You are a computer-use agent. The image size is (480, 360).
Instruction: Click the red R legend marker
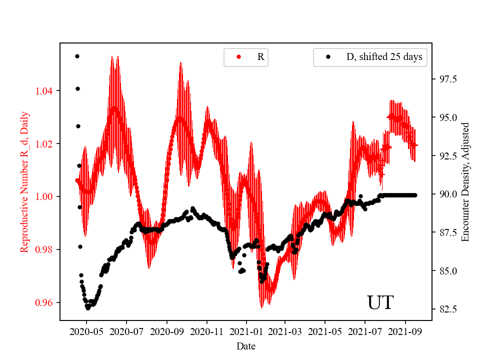[x=238, y=57]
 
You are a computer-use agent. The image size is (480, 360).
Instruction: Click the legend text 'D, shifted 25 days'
[x=384, y=57]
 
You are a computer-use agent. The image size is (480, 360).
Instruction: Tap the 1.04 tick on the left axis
[x=45, y=91]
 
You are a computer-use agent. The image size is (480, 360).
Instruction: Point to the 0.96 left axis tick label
[x=45, y=302]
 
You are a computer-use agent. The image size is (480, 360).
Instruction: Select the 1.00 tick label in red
[x=45, y=196]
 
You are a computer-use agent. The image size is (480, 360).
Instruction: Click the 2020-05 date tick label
[x=86, y=331]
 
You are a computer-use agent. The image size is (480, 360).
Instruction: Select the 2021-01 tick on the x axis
[x=246, y=331]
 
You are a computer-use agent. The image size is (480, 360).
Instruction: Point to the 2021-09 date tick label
[x=405, y=331]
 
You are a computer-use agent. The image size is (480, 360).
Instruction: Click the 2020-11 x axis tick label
[x=206, y=331]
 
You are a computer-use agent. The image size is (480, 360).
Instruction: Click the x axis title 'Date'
[x=246, y=345]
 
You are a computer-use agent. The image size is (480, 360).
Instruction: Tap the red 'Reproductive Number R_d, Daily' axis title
[x=24, y=181]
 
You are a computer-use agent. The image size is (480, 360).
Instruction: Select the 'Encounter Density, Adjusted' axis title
[x=465, y=181]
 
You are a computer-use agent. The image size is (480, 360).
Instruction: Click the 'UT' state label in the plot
[x=380, y=303]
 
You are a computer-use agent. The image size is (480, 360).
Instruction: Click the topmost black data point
[x=77, y=56]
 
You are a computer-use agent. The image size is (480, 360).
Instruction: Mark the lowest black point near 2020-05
[x=88, y=308]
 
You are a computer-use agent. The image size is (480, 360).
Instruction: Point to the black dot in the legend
[x=328, y=57]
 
